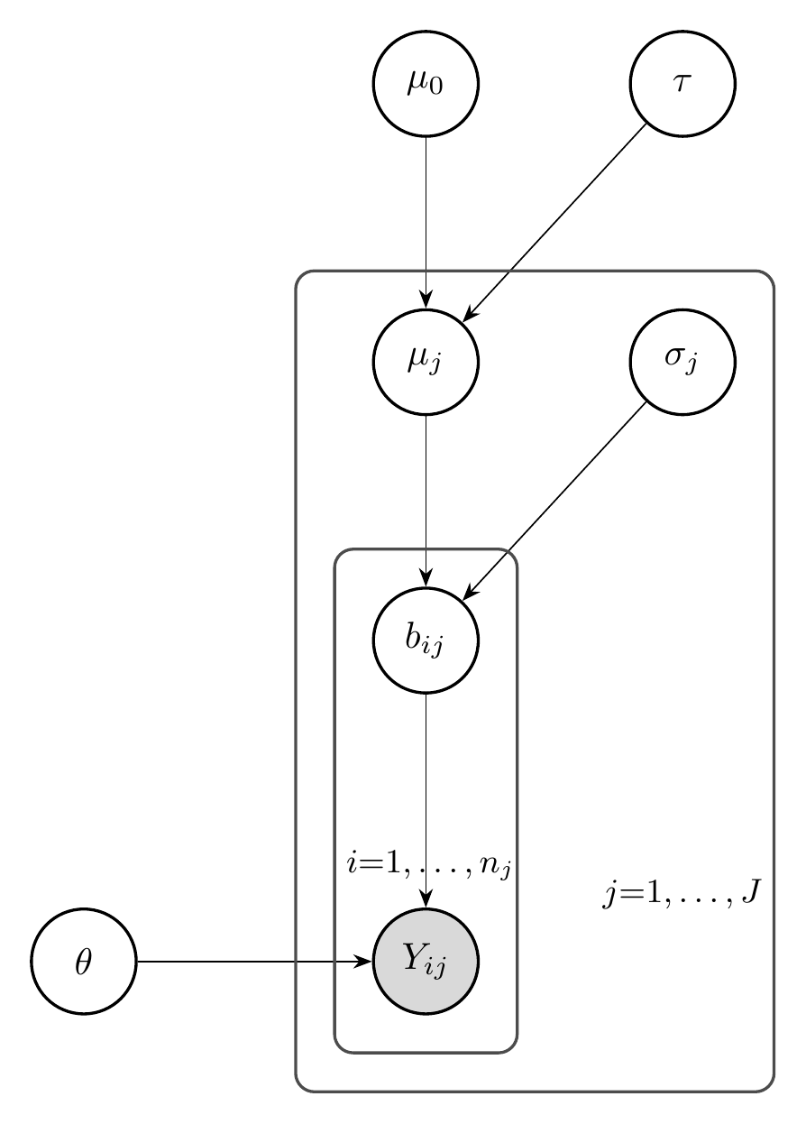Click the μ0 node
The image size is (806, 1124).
(x=426, y=84)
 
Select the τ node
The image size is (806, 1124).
(x=682, y=84)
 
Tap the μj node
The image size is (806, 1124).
(x=426, y=362)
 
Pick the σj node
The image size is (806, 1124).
(x=682, y=362)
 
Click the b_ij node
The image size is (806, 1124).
(x=426, y=640)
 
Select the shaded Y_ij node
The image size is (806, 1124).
(x=426, y=962)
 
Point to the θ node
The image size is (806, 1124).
(x=84, y=962)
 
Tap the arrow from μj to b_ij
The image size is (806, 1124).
(x=426, y=496)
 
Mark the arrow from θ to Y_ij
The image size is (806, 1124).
(x=252, y=962)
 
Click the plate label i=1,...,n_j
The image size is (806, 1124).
(x=431, y=867)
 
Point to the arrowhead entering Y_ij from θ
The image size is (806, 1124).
(x=365, y=962)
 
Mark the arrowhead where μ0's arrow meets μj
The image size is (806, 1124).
(x=426, y=303)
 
